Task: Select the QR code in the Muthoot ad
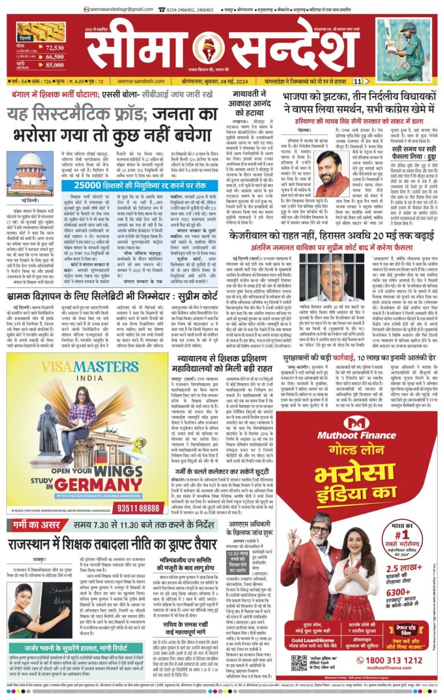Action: pos(299,662)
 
